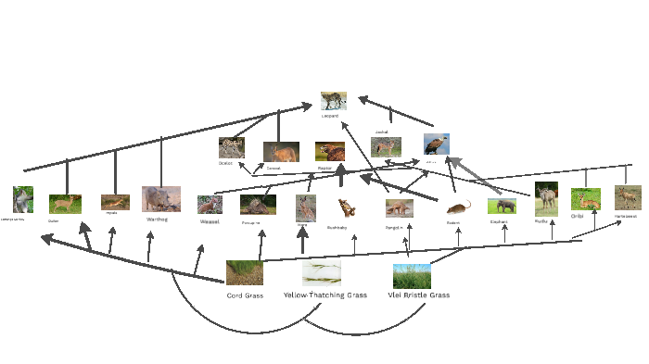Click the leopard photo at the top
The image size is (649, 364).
334,101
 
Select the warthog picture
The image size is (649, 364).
161,199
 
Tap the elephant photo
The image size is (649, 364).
501,206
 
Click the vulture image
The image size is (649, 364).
437,144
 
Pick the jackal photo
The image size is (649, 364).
387,147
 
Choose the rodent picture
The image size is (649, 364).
458,207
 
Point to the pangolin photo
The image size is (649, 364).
400,208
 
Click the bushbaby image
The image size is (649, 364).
346,207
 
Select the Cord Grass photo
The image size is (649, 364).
245,273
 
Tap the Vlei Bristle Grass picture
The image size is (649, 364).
412,276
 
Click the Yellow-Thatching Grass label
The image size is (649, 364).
325,295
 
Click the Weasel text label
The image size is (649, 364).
210,221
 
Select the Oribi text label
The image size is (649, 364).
577,216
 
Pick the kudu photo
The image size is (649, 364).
546,198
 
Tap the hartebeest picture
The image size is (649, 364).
628,197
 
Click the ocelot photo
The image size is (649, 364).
231,147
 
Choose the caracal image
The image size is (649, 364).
280,152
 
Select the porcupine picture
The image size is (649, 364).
257,205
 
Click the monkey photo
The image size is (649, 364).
22,199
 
